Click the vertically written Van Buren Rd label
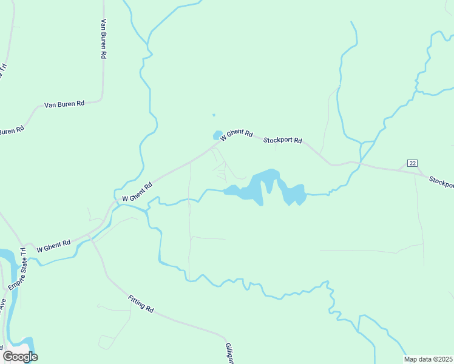(104, 38)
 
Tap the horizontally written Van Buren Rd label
(64, 104)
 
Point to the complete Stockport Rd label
(283, 140)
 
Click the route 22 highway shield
(413, 163)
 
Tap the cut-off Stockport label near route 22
(441, 181)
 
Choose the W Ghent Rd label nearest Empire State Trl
(53, 246)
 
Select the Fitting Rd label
(141, 303)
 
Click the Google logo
(20, 357)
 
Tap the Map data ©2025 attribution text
(428, 359)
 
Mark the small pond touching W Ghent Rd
(217, 135)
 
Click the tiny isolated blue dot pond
(214, 115)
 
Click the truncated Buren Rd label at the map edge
(11, 131)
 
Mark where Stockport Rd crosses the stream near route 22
(361, 163)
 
